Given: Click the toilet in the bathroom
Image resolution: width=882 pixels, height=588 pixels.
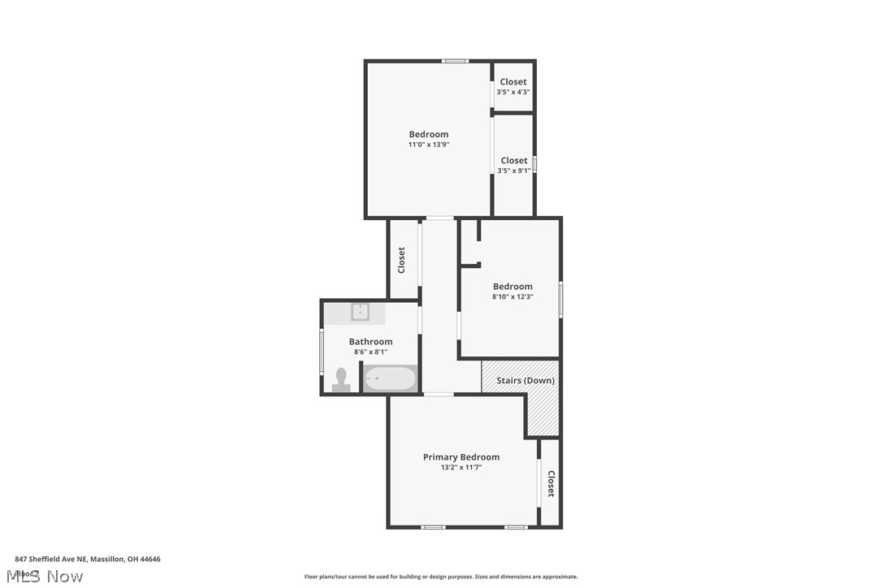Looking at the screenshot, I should click(x=341, y=379).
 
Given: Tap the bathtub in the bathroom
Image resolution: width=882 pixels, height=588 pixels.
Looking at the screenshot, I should click(x=390, y=378).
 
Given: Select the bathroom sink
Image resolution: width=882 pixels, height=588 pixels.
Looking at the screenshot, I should click(x=361, y=312).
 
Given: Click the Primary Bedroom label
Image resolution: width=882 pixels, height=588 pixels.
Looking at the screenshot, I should click(x=461, y=457).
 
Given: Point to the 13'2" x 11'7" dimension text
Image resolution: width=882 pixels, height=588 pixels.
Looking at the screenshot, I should click(x=461, y=468).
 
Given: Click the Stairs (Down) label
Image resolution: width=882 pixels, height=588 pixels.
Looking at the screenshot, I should click(x=525, y=380).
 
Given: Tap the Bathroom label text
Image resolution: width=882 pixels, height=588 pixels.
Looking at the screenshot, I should click(x=370, y=342).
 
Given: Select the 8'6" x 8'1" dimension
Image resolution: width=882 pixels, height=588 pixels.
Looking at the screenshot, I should click(x=370, y=352).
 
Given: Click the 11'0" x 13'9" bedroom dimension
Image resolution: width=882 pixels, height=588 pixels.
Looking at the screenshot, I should click(x=429, y=145).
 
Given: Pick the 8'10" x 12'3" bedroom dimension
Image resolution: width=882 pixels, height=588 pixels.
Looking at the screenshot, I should click(x=512, y=297).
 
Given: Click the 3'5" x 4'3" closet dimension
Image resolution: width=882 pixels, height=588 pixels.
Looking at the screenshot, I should click(x=513, y=92).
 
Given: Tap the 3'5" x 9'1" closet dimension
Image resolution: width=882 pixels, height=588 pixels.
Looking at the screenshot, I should click(x=514, y=171).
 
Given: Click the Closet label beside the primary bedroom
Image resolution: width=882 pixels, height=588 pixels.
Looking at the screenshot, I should click(x=551, y=484).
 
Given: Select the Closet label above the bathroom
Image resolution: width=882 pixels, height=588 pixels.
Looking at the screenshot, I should click(x=401, y=260).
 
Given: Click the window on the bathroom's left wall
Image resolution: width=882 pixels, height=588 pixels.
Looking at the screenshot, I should click(x=322, y=352).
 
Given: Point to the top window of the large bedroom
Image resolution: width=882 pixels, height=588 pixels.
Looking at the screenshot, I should click(x=455, y=61).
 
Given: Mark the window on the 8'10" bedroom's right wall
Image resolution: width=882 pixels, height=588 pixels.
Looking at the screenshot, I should click(x=560, y=298).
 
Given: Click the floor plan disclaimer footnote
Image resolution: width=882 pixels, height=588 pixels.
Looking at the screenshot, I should click(x=441, y=577).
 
